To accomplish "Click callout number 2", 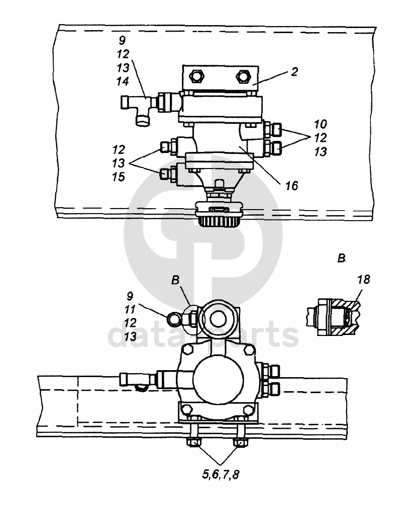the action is (x=294, y=72).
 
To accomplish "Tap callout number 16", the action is (x=291, y=186).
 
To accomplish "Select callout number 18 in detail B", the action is (x=363, y=279).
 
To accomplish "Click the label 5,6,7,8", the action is (x=221, y=474).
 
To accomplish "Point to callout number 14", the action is (x=123, y=81).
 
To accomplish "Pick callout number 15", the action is (x=119, y=177).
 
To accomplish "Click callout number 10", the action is (x=321, y=124).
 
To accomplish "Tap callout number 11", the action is (x=130, y=309).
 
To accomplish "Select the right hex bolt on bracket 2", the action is (x=243, y=77).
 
